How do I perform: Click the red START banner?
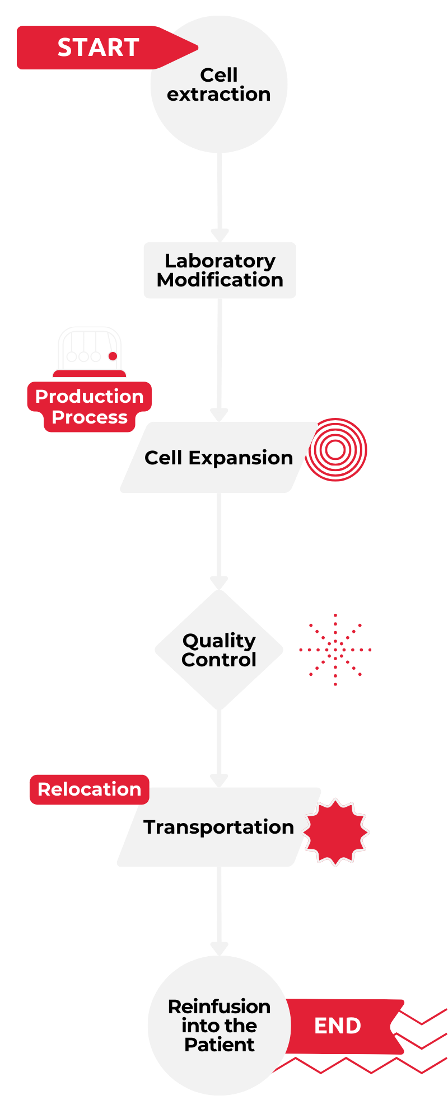98,48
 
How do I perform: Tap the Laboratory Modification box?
220,270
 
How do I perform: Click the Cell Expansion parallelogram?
218,458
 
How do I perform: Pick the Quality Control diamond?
219,650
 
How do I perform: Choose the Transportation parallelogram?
218,827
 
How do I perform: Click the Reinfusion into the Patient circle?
219,1025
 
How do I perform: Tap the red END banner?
338,1026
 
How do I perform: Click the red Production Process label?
90,407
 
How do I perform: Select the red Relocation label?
90,789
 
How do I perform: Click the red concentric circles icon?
336,450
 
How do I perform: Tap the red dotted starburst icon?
335,650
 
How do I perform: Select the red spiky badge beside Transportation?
336,831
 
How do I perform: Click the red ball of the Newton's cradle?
113,356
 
